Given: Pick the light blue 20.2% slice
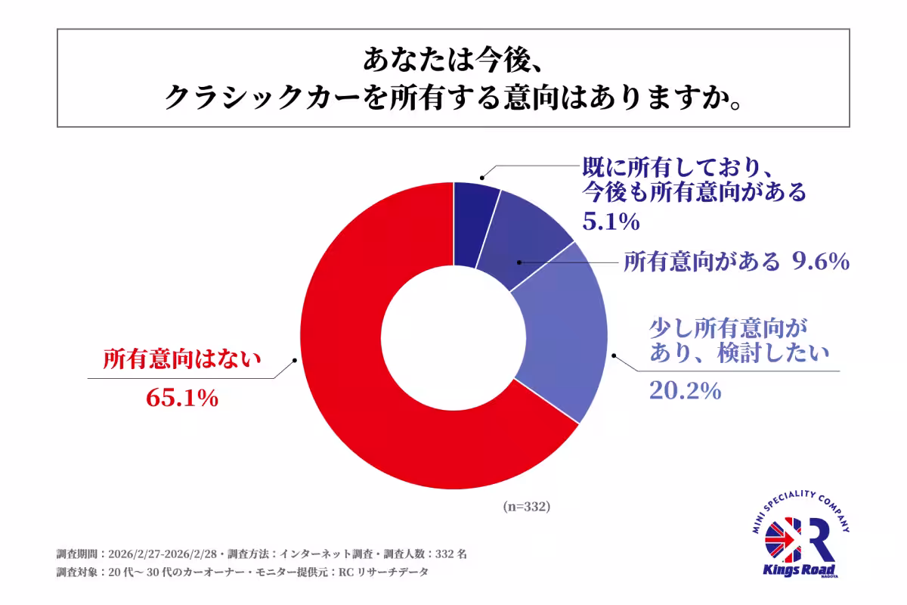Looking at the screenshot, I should (x=563, y=340).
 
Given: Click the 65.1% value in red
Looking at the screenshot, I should (x=181, y=398).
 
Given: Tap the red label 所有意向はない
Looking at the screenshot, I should (x=182, y=358).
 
